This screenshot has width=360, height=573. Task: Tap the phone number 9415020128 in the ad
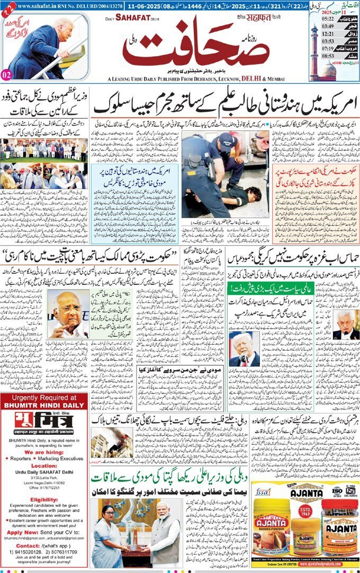point(27,554)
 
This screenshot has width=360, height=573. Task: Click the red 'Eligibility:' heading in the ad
point(44,498)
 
